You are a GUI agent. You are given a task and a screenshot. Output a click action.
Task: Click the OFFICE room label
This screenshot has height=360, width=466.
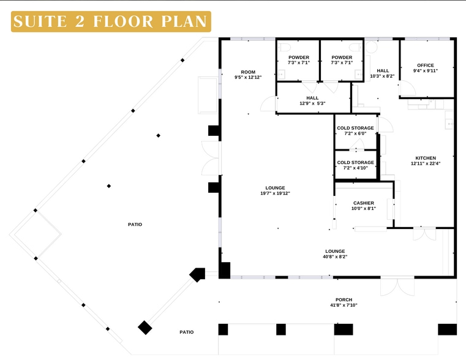click(426, 66)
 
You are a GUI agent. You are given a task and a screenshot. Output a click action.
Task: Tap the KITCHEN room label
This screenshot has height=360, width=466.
click(426, 158)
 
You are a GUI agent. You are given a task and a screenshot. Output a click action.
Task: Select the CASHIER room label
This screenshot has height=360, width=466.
click(364, 203)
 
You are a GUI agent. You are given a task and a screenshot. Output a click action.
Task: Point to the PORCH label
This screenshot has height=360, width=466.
click(344, 300)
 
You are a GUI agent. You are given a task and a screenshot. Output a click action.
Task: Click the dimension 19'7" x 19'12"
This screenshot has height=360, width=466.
click(275, 193)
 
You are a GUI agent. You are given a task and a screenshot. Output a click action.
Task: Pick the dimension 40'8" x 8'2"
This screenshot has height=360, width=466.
click(335, 257)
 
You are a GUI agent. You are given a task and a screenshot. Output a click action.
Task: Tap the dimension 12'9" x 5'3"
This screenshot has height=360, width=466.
click(312, 103)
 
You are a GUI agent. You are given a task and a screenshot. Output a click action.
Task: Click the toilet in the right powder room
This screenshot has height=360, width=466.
click(356, 47)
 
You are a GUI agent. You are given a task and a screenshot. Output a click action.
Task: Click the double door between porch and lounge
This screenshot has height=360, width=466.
click(397, 287)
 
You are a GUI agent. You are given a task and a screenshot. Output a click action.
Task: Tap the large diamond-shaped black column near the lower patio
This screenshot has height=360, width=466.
click(145, 328)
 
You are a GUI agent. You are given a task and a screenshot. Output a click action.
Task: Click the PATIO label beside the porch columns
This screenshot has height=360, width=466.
click(187, 332)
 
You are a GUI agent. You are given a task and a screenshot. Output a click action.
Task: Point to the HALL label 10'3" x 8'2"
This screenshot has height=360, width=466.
click(383, 73)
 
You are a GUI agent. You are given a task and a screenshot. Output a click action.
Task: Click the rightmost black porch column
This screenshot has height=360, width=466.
click(447, 329)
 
